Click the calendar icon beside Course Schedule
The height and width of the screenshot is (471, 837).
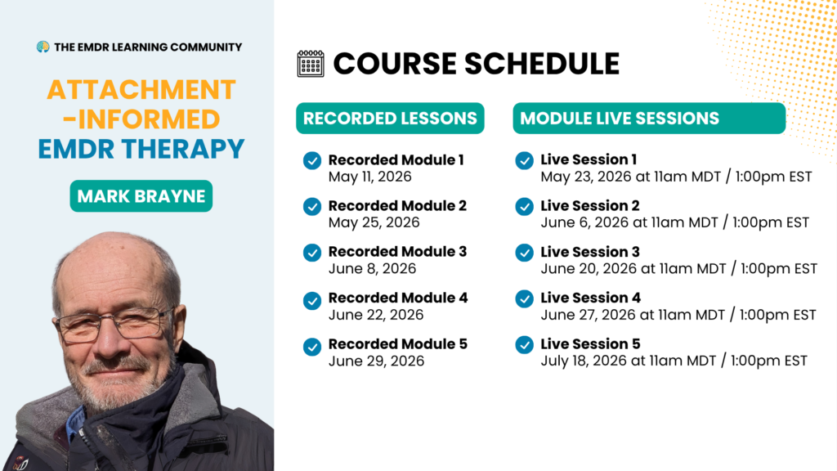coord(311,64)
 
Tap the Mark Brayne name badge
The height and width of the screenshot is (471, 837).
coord(141,196)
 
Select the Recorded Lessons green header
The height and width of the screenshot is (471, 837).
coord(390,118)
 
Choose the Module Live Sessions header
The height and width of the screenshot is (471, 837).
coord(649,118)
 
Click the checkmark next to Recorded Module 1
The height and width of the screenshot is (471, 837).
coord(312,161)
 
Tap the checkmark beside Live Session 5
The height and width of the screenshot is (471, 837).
coord(524,345)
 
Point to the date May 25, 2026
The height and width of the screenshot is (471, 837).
coord(374,222)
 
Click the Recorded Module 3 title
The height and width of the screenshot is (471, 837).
coord(398,252)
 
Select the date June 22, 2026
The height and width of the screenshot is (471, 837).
coord(376,315)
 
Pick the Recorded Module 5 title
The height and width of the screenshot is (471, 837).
coord(398,344)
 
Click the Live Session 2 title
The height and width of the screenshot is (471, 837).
coord(590,205)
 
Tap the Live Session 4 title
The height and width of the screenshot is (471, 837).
coord(590,298)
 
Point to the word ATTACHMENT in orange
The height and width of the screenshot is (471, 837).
coord(141,90)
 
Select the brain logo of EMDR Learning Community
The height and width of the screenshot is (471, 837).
coord(43,47)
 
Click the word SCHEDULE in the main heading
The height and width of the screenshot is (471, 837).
coord(542,64)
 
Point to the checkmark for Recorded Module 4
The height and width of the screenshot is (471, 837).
coord(312,301)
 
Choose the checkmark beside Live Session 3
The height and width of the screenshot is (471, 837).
coord(524,253)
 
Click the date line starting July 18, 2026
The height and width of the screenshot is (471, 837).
coord(674,361)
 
